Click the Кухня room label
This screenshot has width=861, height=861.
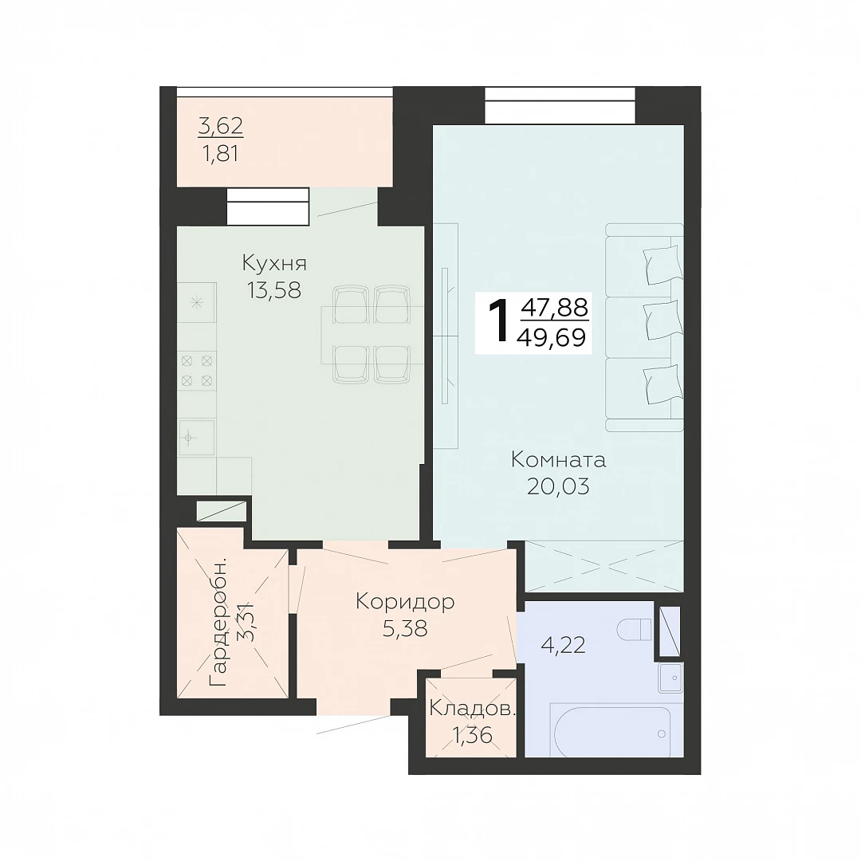[x=274, y=264]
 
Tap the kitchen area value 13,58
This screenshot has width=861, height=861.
[x=274, y=290]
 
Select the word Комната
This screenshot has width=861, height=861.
[x=558, y=460]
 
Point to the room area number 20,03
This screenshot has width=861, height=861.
[x=558, y=486]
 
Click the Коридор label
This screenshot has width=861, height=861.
[x=405, y=602]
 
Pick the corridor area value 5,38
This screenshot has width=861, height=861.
[x=405, y=629]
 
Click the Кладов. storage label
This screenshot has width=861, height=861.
[x=472, y=709]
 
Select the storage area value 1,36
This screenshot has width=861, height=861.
[x=472, y=735]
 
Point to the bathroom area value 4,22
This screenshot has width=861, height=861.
[x=564, y=645]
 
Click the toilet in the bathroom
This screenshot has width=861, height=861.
[x=635, y=630]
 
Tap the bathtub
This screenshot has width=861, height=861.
[x=611, y=731]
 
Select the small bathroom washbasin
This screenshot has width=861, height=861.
[x=670, y=678]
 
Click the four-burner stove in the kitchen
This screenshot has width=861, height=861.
[x=197, y=371]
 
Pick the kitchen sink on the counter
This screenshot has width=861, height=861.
[x=196, y=438]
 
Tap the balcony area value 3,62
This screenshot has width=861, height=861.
[x=220, y=127]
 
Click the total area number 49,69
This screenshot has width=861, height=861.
[x=552, y=337]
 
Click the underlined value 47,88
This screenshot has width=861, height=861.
[x=555, y=308]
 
